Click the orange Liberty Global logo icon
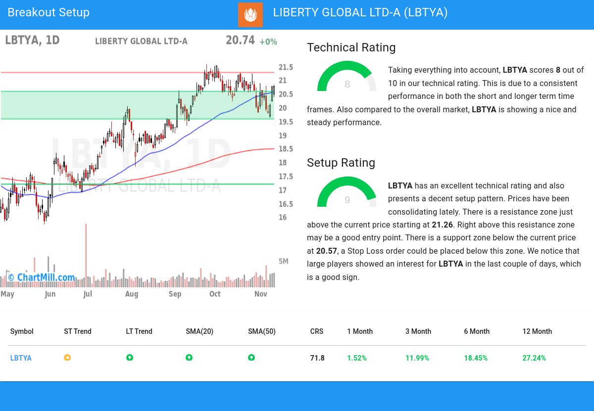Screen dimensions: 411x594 click(250, 14)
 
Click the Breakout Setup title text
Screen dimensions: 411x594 click(49, 12)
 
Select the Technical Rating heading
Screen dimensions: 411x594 click(351, 47)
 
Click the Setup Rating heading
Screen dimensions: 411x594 click(341, 163)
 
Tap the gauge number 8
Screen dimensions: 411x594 click(347, 85)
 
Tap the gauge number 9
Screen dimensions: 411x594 click(347, 200)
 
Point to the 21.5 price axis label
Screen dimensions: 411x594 click(286, 67)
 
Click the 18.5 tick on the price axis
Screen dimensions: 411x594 click(286, 149)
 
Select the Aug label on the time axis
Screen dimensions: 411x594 click(132, 294)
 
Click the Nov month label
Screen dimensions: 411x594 click(261, 294)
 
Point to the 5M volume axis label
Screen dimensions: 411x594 click(284, 261)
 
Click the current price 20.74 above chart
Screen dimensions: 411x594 click(240, 40)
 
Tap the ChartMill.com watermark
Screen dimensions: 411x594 click(42, 277)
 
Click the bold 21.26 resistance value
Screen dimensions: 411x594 click(442, 225)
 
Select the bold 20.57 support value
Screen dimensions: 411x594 click(326, 251)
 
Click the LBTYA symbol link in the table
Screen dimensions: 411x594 click(21, 358)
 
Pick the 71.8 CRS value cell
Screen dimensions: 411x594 click(317, 358)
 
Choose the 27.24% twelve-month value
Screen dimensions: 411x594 click(534, 358)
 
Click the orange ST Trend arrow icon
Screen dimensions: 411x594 click(67, 358)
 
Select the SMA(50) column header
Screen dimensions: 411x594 click(261, 331)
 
